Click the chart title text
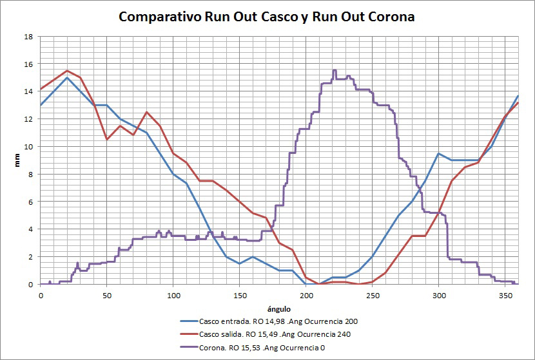[267, 17]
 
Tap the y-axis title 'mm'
[18, 160]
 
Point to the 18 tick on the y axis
[28, 37]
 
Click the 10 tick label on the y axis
[28, 147]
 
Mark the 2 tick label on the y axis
[30, 257]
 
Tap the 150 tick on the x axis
[239, 294]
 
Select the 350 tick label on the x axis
[505, 294]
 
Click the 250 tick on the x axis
[372, 294]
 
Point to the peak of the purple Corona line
[334, 70]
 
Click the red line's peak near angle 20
[67, 71]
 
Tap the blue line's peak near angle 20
[67, 78]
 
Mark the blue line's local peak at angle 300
[438, 153]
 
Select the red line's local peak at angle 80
[146, 112]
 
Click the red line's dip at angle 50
[107, 139]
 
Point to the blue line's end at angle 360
[518, 96]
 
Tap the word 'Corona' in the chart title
[391, 17]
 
